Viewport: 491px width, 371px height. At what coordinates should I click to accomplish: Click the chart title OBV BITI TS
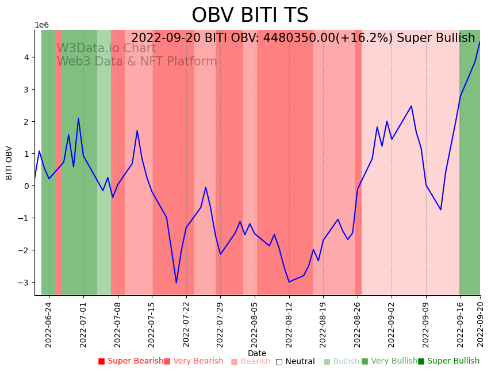tap(250, 16)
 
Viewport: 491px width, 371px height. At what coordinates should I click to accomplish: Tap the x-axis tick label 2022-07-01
tap(83, 322)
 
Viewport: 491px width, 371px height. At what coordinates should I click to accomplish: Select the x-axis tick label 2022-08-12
tap(289, 322)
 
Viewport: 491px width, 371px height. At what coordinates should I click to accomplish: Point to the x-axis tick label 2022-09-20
tap(480, 322)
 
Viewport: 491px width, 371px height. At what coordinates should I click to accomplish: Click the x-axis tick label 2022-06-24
tap(49, 322)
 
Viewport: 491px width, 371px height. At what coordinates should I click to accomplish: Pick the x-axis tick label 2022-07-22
tap(186, 322)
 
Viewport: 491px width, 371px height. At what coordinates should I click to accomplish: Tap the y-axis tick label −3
tap(26, 283)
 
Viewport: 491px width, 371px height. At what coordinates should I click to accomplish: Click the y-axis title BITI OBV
tap(9, 163)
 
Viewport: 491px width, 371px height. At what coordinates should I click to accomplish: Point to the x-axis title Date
tap(257, 353)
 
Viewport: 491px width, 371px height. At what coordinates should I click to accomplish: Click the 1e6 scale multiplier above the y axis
tap(42, 25)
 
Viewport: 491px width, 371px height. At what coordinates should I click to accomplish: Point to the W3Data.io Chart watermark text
tap(106, 48)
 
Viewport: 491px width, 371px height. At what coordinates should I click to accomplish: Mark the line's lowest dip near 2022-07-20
tap(177, 283)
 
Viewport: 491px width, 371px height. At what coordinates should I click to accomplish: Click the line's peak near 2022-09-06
tap(411, 106)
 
